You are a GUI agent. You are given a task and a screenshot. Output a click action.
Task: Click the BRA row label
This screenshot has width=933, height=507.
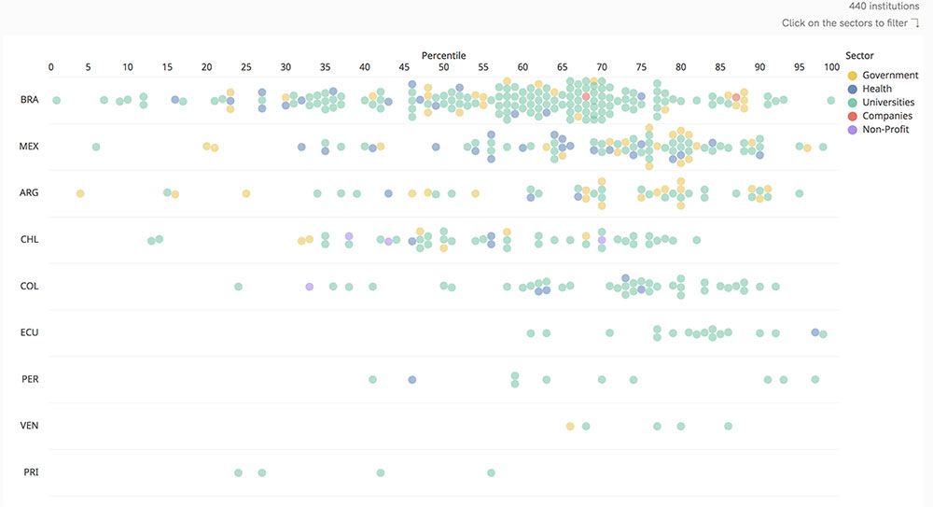click(29, 100)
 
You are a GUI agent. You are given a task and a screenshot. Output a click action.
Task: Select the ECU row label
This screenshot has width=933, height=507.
click(29, 332)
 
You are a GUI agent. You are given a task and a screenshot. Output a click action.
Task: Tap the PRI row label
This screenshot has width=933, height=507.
click(30, 472)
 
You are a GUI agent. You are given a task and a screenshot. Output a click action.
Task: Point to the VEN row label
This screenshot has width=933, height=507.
click(29, 426)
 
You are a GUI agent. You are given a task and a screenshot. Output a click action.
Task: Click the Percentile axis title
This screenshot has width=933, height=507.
click(443, 56)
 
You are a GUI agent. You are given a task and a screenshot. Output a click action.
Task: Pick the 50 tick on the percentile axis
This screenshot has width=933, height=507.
click(443, 67)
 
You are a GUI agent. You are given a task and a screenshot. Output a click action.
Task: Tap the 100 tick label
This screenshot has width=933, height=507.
click(831, 67)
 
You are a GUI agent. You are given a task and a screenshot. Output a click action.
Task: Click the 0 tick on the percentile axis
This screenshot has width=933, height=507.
click(50, 67)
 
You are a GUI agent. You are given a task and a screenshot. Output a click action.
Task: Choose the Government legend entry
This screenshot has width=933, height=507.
click(889, 76)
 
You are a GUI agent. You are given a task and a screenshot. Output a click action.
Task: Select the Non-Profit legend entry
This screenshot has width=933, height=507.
click(884, 130)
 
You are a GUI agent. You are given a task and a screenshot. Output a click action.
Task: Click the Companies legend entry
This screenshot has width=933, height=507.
click(886, 117)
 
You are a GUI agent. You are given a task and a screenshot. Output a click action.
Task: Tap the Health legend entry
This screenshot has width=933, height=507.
click(876, 90)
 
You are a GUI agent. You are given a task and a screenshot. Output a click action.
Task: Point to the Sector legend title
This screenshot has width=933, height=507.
click(859, 56)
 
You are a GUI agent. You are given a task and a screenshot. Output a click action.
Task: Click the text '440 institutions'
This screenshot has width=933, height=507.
click(884, 7)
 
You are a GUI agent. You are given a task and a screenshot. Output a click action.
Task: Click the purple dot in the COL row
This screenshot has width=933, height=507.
click(309, 287)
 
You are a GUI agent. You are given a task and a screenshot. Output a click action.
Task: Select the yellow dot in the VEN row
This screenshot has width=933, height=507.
click(570, 426)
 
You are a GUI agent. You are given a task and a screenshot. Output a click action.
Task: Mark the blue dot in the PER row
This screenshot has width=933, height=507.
click(411, 380)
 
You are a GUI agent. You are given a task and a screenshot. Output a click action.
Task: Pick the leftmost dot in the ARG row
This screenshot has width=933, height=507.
click(80, 193)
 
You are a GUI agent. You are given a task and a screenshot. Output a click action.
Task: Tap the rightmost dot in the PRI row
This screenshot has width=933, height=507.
click(491, 472)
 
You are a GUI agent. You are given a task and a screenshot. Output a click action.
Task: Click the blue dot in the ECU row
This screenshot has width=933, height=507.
click(815, 331)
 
